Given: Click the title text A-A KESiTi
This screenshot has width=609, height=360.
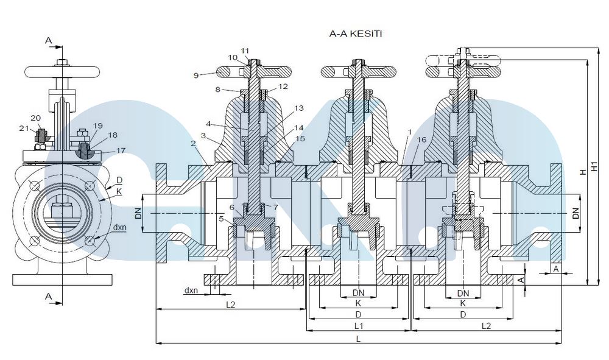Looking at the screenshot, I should (356, 35).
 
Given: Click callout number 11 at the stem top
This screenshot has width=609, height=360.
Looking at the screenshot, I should (245, 50).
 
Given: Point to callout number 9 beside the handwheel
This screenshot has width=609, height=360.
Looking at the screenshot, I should (196, 75).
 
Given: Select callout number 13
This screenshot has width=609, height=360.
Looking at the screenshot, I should (298, 108).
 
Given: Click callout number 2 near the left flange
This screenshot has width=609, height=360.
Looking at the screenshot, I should (193, 144).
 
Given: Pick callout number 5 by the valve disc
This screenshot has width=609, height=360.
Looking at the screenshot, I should (221, 217).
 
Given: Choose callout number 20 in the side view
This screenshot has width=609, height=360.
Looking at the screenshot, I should (36, 118).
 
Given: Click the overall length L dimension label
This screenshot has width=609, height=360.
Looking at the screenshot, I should (358, 339).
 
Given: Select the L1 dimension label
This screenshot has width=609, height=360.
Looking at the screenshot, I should (359, 327).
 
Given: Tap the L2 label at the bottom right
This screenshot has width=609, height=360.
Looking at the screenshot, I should (486, 327).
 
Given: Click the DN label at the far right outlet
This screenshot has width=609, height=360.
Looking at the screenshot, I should (576, 213).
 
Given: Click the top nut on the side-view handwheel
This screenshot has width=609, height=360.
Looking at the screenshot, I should (62, 62).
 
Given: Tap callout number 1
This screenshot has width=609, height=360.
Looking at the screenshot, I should (410, 131).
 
